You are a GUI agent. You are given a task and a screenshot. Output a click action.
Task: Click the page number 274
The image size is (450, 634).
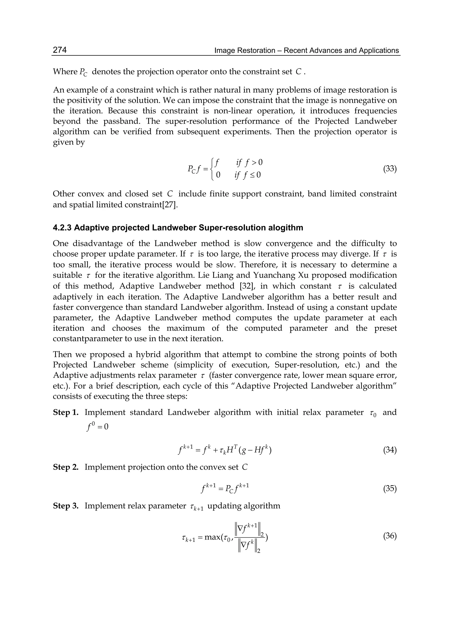[60, 50]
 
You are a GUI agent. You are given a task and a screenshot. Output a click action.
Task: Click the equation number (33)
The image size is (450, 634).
[390, 169]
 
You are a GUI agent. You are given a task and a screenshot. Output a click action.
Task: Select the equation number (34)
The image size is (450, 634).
[390, 450]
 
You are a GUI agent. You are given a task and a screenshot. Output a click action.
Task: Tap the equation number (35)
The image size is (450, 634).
[390, 489]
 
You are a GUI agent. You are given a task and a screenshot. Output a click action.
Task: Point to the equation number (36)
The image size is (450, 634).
[390, 536]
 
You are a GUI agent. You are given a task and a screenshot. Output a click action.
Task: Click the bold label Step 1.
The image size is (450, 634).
[66, 412]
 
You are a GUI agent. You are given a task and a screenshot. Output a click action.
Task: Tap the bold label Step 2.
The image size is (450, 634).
[66, 467]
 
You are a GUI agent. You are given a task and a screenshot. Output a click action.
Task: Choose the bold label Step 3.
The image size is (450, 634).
[66, 506]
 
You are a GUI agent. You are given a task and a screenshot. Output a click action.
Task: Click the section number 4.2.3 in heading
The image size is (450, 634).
[62, 228]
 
